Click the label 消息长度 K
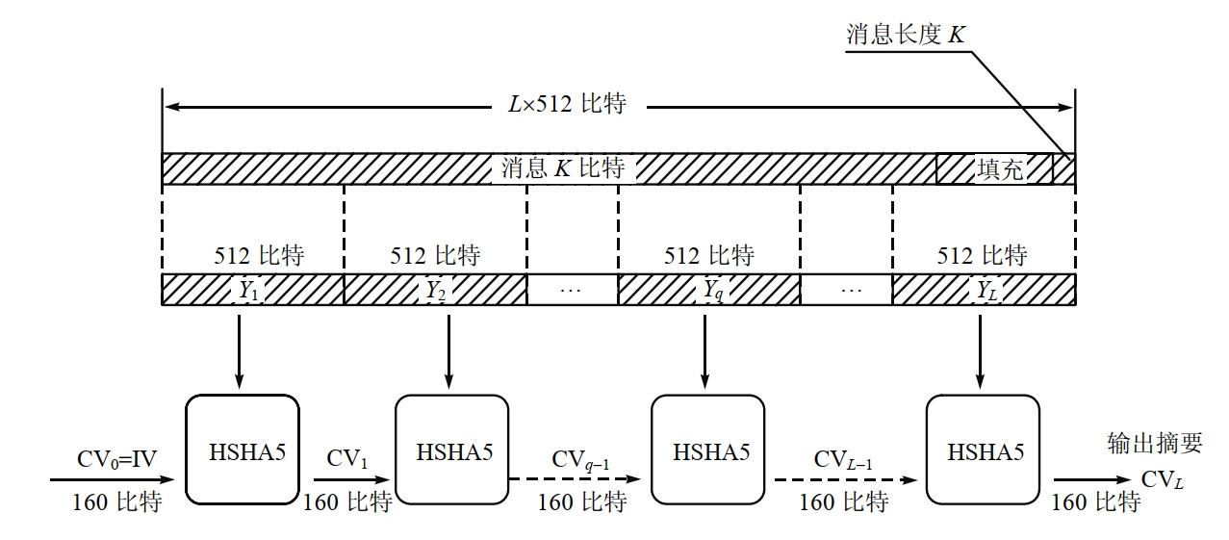905,36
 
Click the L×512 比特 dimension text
567,104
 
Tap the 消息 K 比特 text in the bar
563,168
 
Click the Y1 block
252,290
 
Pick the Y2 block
435,290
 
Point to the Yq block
709,290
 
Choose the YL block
983,290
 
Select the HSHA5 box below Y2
451,450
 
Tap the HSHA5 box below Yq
708,450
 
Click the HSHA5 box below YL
982,450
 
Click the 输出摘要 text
1155,443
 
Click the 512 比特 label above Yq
709,256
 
